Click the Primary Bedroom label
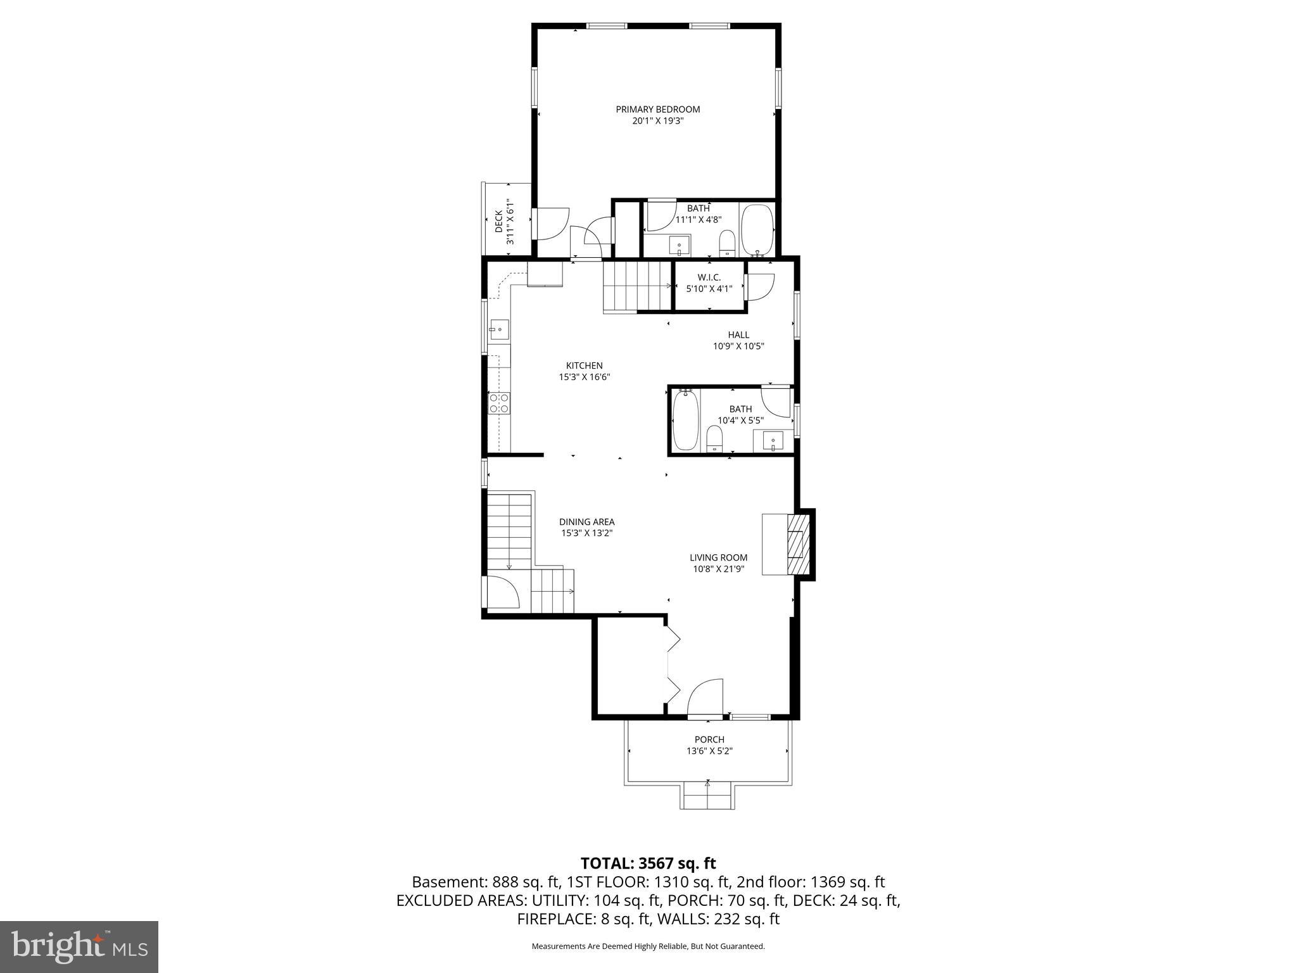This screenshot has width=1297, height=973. pyautogui.click(x=657, y=110)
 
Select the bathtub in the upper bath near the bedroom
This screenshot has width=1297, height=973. pyautogui.click(x=757, y=229)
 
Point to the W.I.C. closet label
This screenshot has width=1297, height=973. pyautogui.click(x=709, y=277)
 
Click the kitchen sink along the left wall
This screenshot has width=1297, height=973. pyautogui.click(x=498, y=330)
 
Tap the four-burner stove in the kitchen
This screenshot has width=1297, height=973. pyautogui.click(x=499, y=403)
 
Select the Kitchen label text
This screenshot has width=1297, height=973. pyautogui.click(x=584, y=366)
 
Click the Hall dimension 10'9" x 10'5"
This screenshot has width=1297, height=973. pyautogui.click(x=738, y=346)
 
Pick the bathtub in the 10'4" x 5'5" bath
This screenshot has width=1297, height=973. pyautogui.click(x=685, y=420)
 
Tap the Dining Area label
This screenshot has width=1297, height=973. pyautogui.click(x=586, y=522)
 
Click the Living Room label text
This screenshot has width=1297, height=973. pyautogui.click(x=718, y=557)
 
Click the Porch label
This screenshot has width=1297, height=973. pyautogui.click(x=709, y=739)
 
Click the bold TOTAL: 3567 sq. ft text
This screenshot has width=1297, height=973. pyautogui.click(x=648, y=863)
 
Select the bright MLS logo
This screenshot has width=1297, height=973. pyautogui.click(x=79, y=946)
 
